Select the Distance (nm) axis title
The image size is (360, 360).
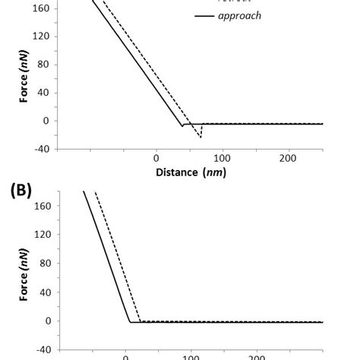(191, 172)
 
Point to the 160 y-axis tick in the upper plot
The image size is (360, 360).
(40, 8)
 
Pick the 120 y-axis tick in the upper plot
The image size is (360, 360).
(40, 36)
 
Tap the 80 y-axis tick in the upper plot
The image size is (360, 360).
(43, 65)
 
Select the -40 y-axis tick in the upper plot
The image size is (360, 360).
(41, 149)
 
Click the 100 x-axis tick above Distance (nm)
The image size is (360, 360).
(222, 158)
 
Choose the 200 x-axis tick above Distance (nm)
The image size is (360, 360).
(288, 158)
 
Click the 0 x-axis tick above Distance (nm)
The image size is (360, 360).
(156, 158)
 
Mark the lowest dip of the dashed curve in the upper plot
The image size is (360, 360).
(201, 137)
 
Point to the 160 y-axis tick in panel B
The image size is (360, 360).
(40, 206)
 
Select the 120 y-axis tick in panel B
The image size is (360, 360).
(40, 235)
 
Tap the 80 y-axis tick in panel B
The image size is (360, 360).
(43, 264)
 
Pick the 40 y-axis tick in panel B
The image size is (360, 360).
(43, 292)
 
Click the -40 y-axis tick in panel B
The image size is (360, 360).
(41, 349)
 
